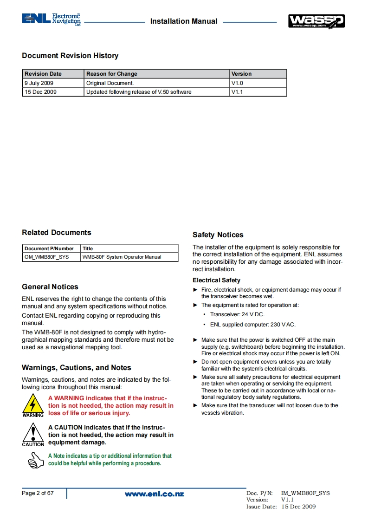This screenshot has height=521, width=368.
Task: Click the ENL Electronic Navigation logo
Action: [x=51, y=20]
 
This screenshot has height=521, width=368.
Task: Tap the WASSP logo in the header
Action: [x=316, y=21]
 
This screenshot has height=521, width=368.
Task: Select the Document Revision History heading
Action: [x=70, y=56]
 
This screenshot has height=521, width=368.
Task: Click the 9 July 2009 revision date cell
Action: [x=39, y=83]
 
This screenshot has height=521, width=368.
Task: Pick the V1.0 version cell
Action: [x=237, y=83]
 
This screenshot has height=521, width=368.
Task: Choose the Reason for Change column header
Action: [x=112, y=74]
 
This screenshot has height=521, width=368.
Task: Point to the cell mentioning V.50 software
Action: [x=139, y=92]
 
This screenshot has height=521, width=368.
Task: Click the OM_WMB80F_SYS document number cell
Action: [x=46, y=257]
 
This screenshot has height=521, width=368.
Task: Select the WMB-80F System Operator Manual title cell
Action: [x=122, y=257]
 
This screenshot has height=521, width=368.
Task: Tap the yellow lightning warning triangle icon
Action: [x=33, y=404]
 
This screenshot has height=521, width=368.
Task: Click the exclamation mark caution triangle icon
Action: [x=33, y=433]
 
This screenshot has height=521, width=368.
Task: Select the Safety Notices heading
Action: [x=218, y=235]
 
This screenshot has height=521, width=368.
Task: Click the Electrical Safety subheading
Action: [x=216, y=280]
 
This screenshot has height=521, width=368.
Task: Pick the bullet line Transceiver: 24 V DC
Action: [x=237, y=314]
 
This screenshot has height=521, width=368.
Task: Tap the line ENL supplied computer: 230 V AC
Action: [x=252, y=325]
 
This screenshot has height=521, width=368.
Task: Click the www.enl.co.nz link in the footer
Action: [x=154, y=494]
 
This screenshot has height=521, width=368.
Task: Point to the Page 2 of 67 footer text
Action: [x=38, y=493]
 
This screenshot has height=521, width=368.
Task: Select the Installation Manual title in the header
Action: [x=184, y=21]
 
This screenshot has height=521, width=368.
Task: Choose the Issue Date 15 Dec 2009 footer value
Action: [x=298, y=507]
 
